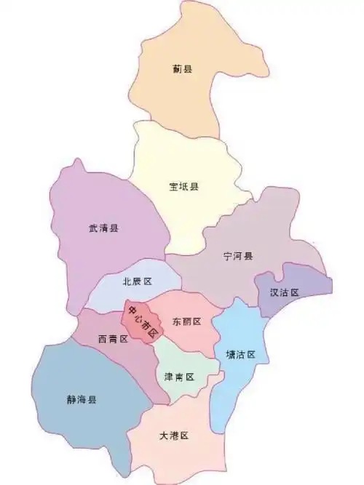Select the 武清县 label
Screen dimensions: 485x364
click(103, 228)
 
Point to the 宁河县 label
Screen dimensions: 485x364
click(238, 257)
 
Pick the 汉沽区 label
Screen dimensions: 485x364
click(285, 292)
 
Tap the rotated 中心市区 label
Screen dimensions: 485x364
click(142, 321)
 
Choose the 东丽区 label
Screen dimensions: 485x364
click(187, 321)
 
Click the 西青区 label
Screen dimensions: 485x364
click(113, 339)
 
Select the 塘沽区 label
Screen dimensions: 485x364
click(241, 355)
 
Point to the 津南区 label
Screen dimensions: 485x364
click(179, 377)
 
